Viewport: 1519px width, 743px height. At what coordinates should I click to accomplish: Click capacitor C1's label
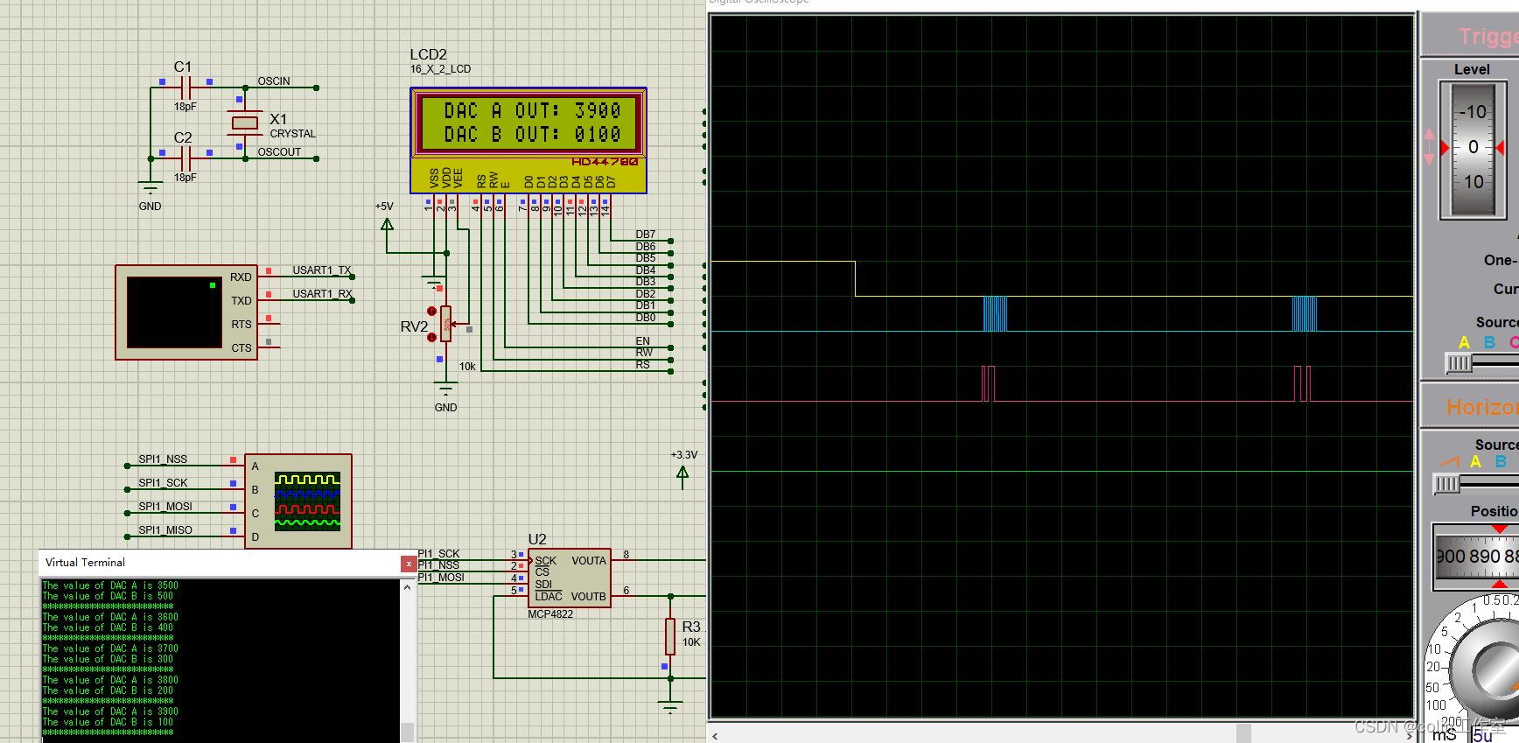point(182,67)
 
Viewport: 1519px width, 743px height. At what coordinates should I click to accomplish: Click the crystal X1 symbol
point(245,123)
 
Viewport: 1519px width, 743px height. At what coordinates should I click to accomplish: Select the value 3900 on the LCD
point(598,111)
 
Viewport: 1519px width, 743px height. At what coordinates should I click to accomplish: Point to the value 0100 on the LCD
point(598,135)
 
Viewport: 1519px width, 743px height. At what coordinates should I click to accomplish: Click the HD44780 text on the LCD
point(605,162)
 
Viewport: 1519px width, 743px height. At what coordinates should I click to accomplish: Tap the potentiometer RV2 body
point(446,325)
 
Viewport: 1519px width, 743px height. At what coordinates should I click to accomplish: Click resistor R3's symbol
point(670,636)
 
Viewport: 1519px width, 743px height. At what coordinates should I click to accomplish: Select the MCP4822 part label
point(550,614)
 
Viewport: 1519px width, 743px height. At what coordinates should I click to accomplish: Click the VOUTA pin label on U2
point(588,561)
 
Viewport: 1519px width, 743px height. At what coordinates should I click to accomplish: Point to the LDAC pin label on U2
point(549,597)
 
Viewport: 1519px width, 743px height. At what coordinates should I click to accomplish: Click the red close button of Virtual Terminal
point(408,564)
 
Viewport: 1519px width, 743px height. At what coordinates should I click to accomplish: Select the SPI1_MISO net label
point(165,530)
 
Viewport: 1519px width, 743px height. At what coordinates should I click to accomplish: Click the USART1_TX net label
point(321,270)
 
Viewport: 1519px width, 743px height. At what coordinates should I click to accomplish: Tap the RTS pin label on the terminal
point(241,325)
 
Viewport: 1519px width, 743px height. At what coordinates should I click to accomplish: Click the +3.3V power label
point(684,455)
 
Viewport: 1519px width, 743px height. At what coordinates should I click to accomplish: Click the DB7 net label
point(645,235)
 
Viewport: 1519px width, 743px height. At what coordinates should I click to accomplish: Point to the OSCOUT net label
point(279,152)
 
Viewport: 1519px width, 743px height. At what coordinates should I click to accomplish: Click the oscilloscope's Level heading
point(1472,70)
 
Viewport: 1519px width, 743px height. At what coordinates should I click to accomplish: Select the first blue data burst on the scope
point(995,313)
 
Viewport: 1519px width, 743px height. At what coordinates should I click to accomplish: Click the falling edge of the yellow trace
point(855,279)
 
